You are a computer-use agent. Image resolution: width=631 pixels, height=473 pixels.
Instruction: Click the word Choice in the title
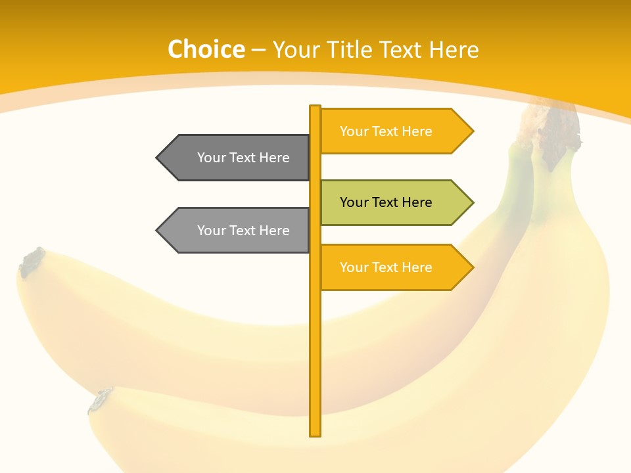[x=206, y=50]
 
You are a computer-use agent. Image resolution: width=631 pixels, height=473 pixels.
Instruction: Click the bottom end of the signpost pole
[x=315, y=433]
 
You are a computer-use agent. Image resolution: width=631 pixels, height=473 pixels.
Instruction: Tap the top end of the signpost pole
[x=315, y=108]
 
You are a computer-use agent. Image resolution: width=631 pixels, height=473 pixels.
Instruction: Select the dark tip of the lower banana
[x=100, y=400]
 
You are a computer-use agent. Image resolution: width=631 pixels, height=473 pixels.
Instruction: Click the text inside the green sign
[x=386, y=202]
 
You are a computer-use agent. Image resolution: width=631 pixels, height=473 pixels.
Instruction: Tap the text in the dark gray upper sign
[x=243, y=158]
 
